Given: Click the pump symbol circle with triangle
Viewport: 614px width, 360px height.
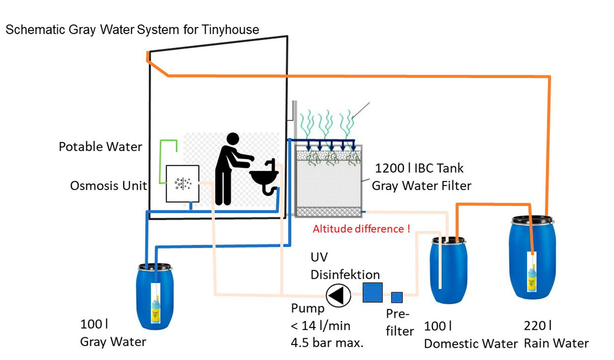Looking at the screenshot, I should (x=339, y=296).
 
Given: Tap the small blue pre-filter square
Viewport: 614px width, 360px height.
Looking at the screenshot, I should (x=397, y=297).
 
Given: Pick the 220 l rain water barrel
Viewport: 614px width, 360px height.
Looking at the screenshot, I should (x=532, y=257).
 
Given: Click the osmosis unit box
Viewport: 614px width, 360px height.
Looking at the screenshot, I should (x=182, y=183).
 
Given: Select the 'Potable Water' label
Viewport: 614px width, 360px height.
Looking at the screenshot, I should (x=100, y=147).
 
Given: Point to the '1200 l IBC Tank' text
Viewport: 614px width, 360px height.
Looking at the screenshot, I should (x=419, y=168).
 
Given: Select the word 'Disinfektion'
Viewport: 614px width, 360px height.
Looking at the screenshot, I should (x=345, y=274).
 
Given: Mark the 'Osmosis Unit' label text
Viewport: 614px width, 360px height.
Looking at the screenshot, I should (x=108, y=186).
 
